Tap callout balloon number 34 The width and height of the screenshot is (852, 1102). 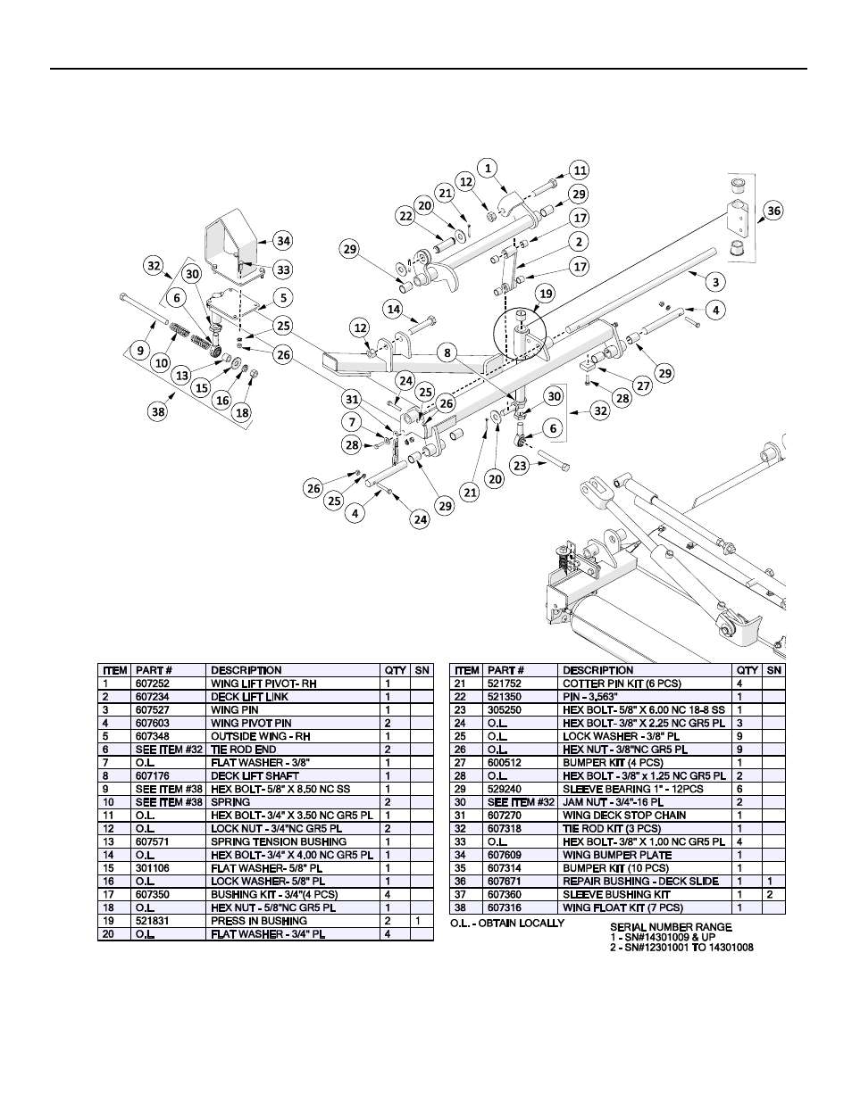(282, 240)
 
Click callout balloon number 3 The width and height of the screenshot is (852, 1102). (714, 282)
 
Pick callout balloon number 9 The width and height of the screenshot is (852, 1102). (140, 351)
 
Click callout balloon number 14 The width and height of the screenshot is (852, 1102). (393, 309)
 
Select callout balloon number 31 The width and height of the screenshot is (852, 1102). (354, 400)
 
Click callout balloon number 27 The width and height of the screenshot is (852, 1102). (642, 385)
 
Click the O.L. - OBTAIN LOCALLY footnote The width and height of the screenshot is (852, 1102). (507, 923)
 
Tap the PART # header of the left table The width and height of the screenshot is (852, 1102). (154, 670)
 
